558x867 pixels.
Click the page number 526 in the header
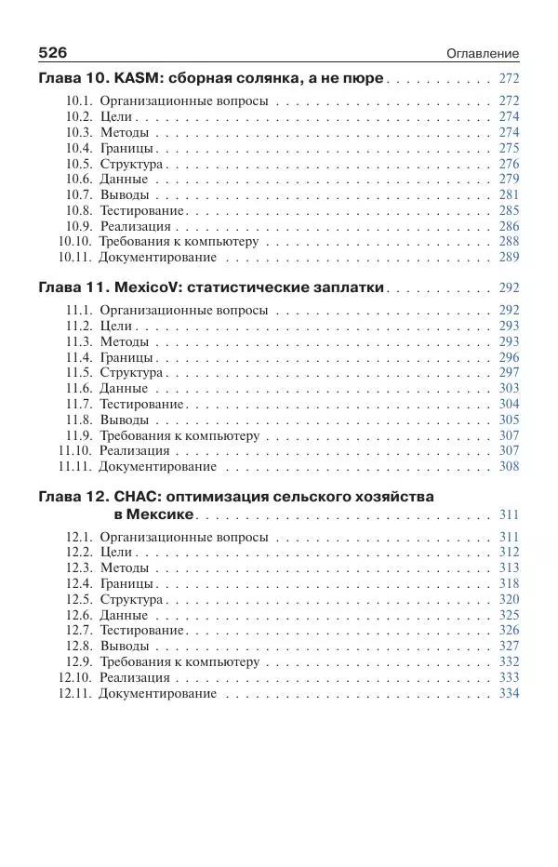53,53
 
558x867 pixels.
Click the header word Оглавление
482,54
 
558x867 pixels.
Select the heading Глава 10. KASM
211,79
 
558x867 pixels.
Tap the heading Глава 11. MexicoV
212,288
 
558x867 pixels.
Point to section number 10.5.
79,164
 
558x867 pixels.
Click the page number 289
509,258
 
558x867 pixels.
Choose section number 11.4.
79,357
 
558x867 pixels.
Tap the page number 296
509,357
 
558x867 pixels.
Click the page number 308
509,467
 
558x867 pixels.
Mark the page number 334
509,694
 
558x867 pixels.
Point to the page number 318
509,584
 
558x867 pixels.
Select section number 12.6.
79,615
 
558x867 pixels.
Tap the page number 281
509,195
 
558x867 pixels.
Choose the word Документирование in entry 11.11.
157,467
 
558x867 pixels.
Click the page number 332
509,662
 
